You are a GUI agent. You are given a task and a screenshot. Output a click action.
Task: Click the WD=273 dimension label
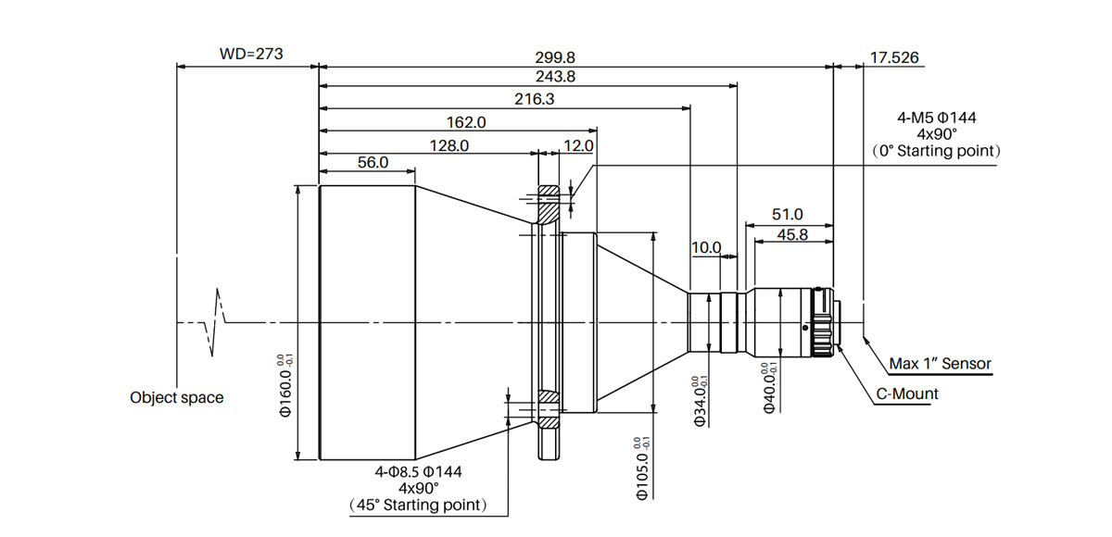tap(251, 54)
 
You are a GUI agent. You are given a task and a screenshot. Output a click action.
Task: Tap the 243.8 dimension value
tap(528, 78)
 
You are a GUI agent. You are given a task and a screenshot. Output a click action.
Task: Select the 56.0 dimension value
tap(372, 162)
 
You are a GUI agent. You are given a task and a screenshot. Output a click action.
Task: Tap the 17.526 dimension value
tap(894, 57)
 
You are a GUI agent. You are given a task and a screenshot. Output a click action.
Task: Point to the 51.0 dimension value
tap(788, 214)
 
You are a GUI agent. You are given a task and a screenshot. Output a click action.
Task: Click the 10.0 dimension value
tap(706, 247)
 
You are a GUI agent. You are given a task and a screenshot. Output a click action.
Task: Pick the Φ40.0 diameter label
tap(769, 388)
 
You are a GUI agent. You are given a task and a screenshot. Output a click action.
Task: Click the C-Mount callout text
tap(907, 393)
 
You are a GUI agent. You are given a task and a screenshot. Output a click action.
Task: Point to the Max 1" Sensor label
tap(940, 364)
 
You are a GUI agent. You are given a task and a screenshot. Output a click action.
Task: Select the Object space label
tap(176, 397)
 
